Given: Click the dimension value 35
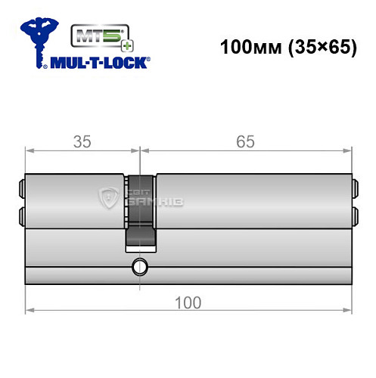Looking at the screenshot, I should coord(83,141).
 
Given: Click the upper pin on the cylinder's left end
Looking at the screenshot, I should coord(22,187).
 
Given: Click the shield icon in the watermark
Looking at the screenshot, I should coord(110,200).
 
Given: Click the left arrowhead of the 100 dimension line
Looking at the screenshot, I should coord(30,310).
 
